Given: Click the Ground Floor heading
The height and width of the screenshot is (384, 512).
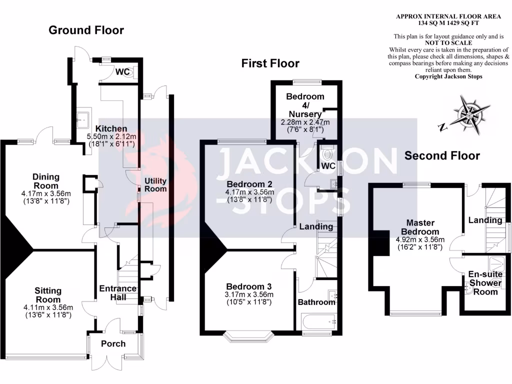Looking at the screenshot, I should [86, 30].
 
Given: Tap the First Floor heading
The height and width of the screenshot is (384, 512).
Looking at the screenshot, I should [270, 63].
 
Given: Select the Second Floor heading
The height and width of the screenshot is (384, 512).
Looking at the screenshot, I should [442, 155].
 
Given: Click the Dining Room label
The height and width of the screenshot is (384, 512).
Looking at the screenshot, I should [46, 177].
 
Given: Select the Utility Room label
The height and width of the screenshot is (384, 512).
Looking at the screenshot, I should [155, 184].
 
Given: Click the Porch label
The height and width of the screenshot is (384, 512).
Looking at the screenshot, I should [113, 343].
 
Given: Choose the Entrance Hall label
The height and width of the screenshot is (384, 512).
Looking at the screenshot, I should [118, 292].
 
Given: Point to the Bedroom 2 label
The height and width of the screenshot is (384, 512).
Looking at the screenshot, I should [249, 182].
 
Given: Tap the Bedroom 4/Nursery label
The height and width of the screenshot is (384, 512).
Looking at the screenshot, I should [305, 105].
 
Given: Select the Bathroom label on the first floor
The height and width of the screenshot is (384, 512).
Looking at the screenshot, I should [316, 302].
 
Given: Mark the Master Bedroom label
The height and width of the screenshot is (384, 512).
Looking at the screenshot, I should [420, 227].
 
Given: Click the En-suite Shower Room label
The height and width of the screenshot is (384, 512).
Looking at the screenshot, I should [484, 282].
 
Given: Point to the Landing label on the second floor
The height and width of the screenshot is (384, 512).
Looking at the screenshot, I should [485, 220].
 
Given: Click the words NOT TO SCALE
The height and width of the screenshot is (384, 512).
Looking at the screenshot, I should [448, 43].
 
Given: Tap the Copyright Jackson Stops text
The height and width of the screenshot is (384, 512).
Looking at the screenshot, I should [448, 76].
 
